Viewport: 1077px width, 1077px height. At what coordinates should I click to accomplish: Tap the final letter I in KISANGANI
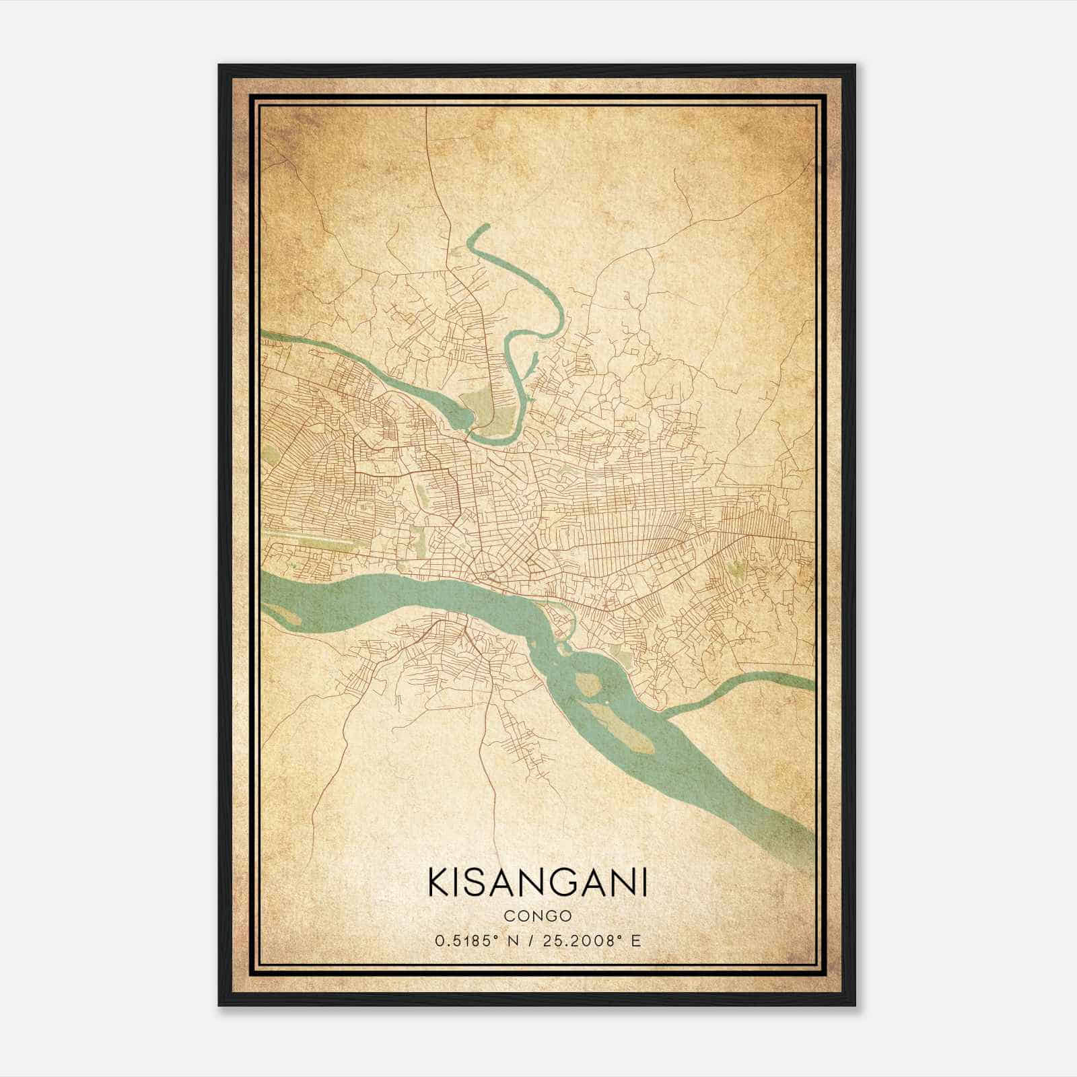(x=644, y=882)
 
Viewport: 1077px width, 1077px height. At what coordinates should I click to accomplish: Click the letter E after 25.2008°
(x=637, y=940)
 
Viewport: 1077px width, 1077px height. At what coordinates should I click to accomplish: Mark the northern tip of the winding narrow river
(x=484, y=228)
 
